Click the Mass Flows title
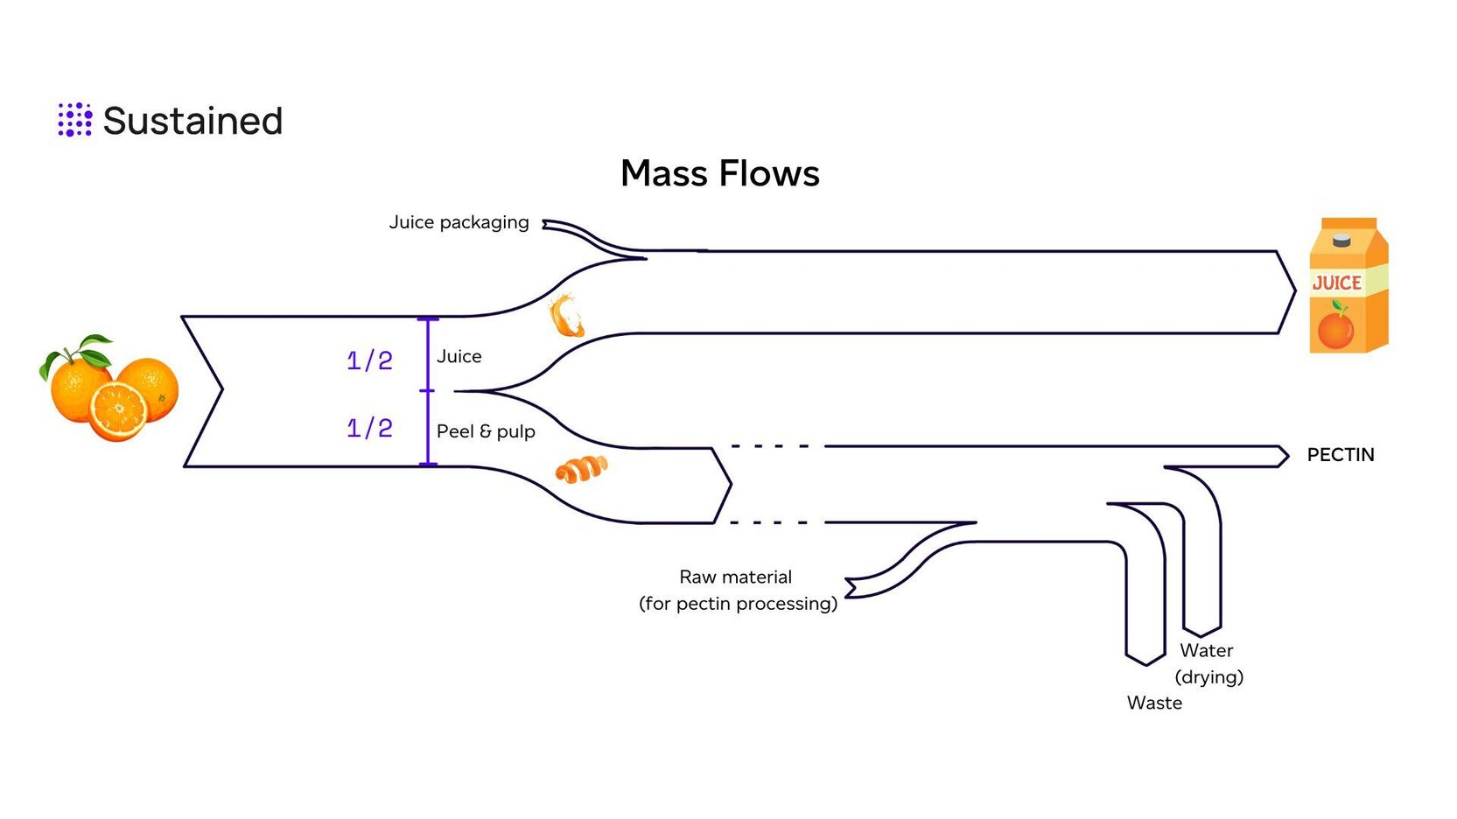[x=719, y=173]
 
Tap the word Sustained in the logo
[x=193, y=121]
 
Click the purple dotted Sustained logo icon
[x=74, y=120]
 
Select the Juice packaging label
[x=459, y=222]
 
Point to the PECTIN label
[x=1340, y=455]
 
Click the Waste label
[x=1154, y=703]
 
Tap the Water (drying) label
[x=1208, y=663]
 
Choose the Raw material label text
[x=736, y=577]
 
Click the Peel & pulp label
[x=486, y=431]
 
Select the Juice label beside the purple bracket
[x=459, y=356]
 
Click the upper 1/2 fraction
[x=369, y=360]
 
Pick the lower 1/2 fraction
[x=369, y=428]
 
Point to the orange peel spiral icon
[x=581, y=469]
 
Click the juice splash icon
[x=566, y=316]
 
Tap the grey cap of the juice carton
[x=1341, y=240]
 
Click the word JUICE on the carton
[x=1336, y=283]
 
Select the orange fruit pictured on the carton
[x=1335, y=328]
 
